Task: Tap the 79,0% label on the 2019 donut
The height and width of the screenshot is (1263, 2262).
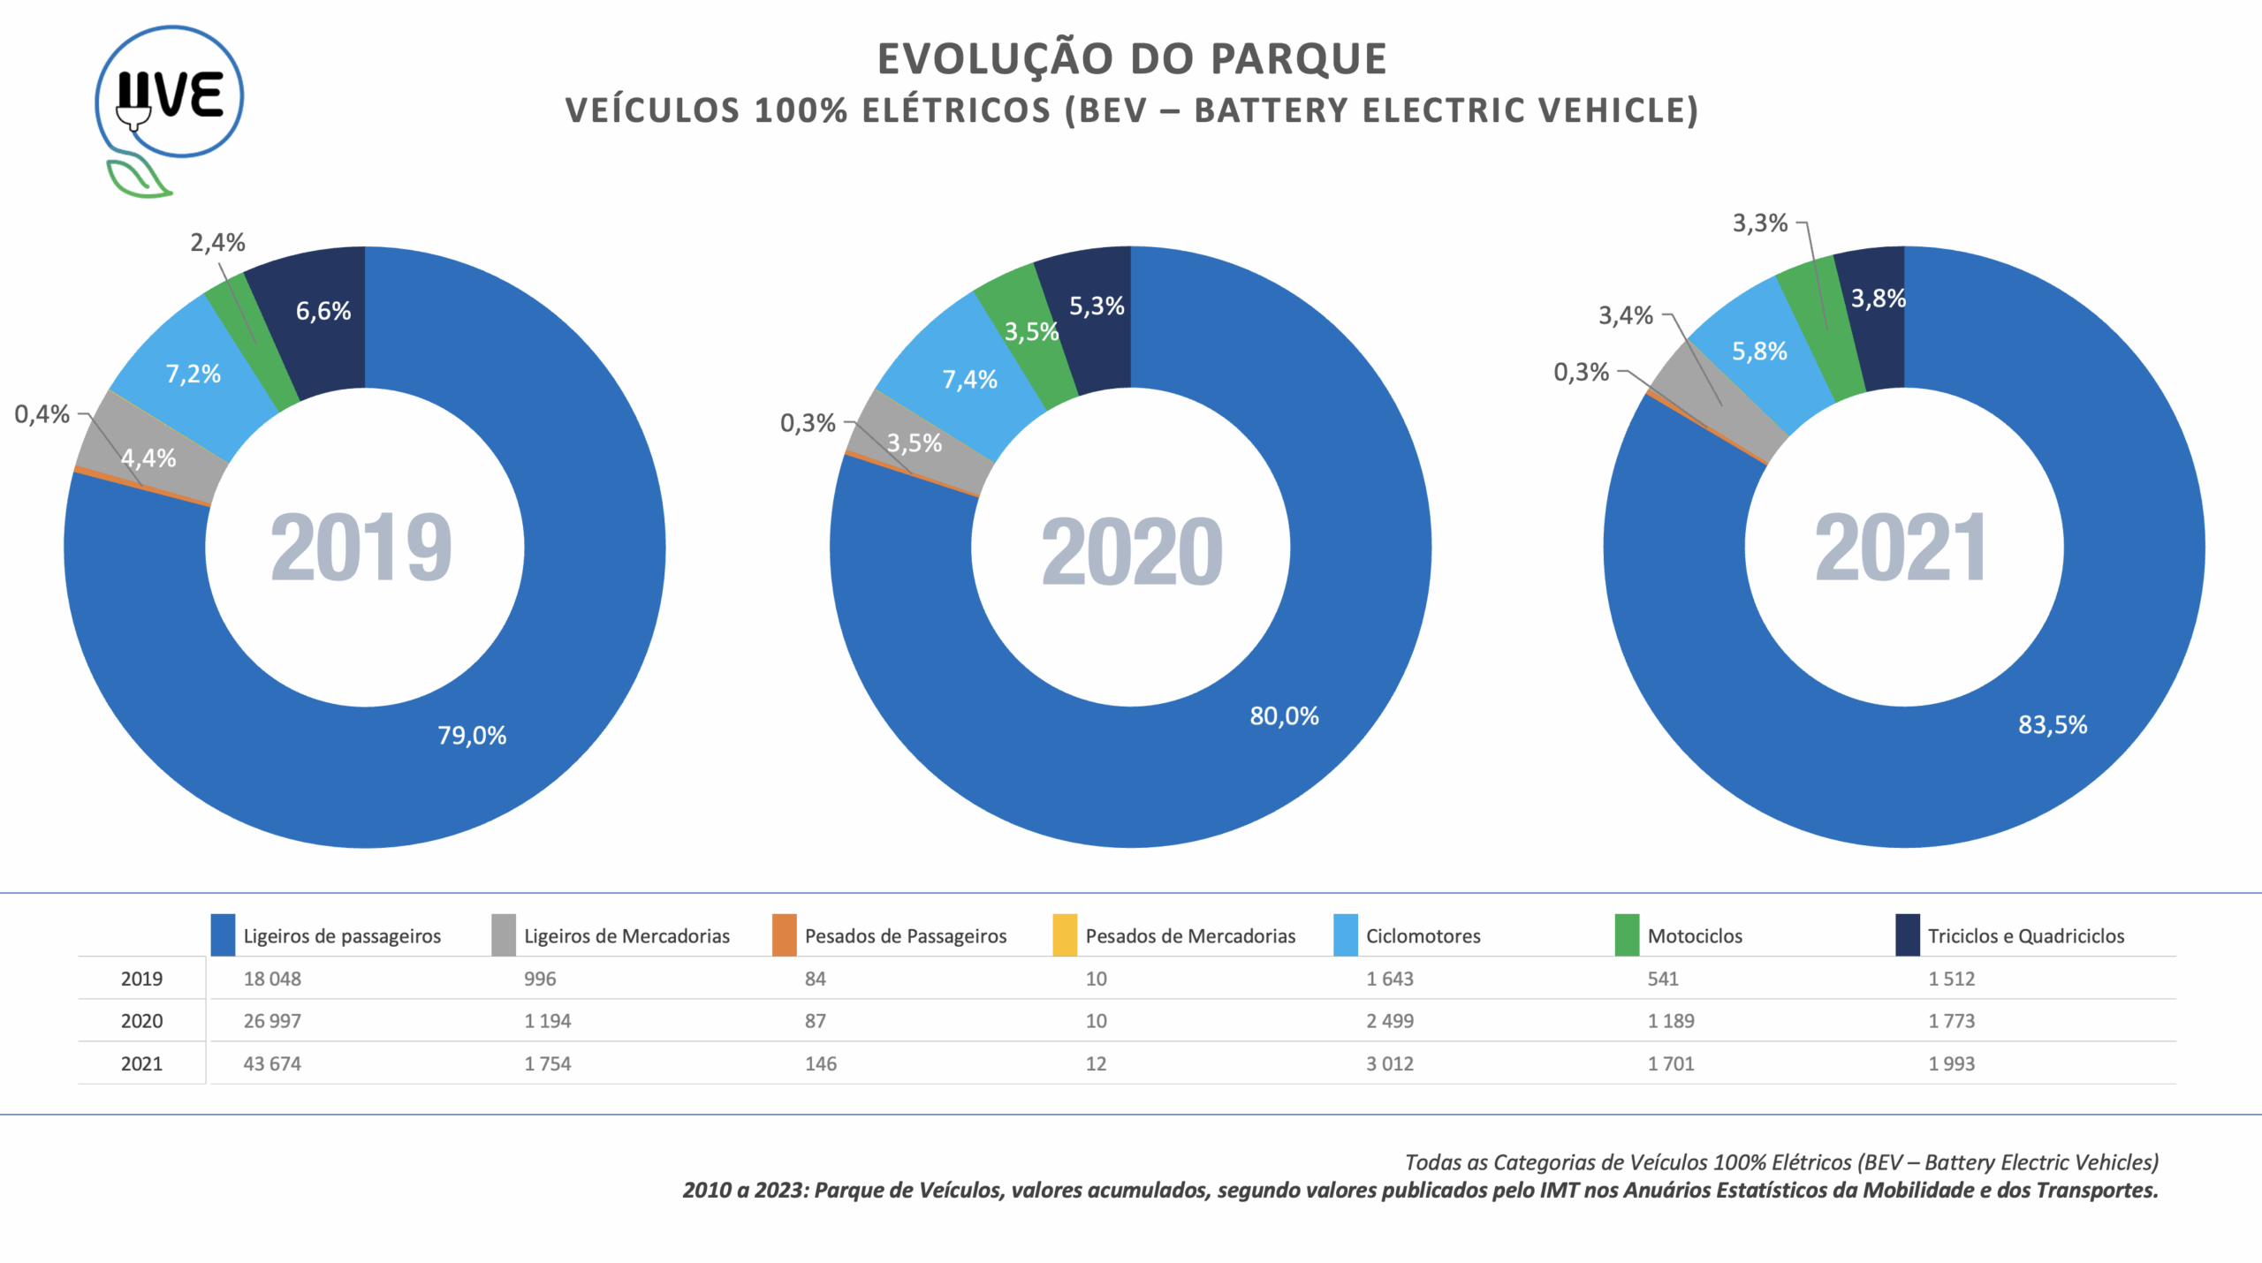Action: coord(472,735)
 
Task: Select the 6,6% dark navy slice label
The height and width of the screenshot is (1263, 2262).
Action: coord(323,311)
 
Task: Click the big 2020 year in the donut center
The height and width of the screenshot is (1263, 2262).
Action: coord(1131,551)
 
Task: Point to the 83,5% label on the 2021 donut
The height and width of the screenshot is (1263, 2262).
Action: coord(2052,725)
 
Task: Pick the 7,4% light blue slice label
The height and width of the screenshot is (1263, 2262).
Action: coord(969,380)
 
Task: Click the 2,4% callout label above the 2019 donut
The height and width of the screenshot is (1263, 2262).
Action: coord(217,242)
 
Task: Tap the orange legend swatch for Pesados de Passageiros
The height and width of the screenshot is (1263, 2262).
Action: coord(784,935)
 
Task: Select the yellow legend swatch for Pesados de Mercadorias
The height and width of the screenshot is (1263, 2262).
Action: coord(1065,935)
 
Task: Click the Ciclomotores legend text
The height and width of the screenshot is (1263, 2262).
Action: coord(1423,936)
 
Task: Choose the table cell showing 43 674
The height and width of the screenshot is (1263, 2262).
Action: coord(272,1063)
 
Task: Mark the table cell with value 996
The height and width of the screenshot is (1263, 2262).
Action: coord(540,979)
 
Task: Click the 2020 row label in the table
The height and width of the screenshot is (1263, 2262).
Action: coord(141,1021)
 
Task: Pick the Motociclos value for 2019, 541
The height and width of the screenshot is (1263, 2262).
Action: coord(1662,979)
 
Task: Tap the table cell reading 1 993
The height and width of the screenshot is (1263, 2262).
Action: coord(1951,1063)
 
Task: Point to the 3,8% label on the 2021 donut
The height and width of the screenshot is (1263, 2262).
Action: coord(1878,299)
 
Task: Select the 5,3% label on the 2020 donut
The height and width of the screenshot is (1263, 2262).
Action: coord(1097,306)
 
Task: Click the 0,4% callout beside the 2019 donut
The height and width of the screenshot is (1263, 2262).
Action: coord(42,413)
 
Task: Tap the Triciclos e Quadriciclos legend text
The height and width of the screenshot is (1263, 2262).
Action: coord(2025,936)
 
